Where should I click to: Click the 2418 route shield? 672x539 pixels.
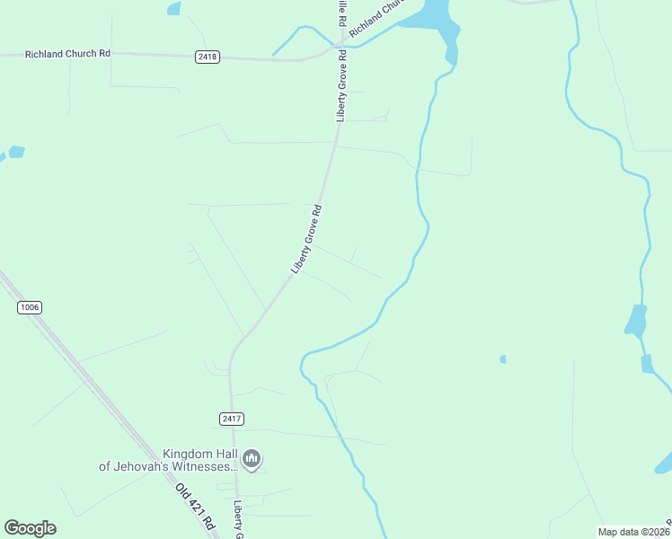[207, 57]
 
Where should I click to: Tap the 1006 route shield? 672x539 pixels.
[30, 308]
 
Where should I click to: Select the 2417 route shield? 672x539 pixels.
[231, 419]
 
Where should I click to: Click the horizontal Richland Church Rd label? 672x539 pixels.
[67, 54]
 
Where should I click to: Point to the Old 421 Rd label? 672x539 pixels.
[196, 507]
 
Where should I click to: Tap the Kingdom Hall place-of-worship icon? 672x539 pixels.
[252, 460]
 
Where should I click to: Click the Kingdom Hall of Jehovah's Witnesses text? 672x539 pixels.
[169, 460]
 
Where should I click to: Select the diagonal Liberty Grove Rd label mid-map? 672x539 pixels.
[306, 239]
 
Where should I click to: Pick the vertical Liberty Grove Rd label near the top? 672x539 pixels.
[341, 85]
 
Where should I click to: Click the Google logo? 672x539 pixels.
[30, 528]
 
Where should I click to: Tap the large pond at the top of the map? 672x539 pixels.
[429, 16]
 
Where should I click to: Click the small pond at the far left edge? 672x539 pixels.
[16, 152]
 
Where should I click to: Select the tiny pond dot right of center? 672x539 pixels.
[503, 359]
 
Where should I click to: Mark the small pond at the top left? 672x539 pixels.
[173, 8]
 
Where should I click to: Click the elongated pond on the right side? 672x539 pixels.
[636, 321]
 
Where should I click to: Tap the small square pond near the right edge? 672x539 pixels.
[647, 364]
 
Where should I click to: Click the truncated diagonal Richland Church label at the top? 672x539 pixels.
[372, 18]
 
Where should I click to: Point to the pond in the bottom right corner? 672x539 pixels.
[665, 463]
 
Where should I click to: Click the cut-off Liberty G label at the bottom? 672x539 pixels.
[239, 519]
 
